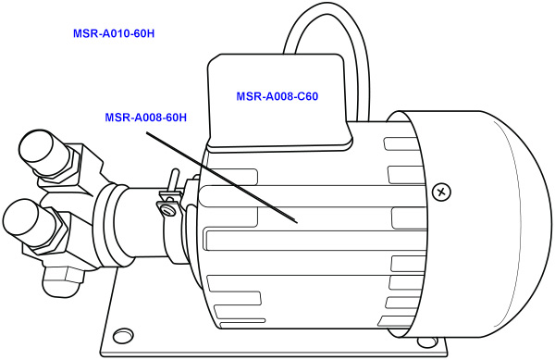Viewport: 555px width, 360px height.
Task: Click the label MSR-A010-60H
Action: pos(113,33)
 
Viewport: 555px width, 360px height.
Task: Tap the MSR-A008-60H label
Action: pos(146,118)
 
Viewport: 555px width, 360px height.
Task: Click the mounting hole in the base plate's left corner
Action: pos(118,335)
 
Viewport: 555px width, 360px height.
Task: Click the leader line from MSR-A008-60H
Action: pos(222,177)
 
